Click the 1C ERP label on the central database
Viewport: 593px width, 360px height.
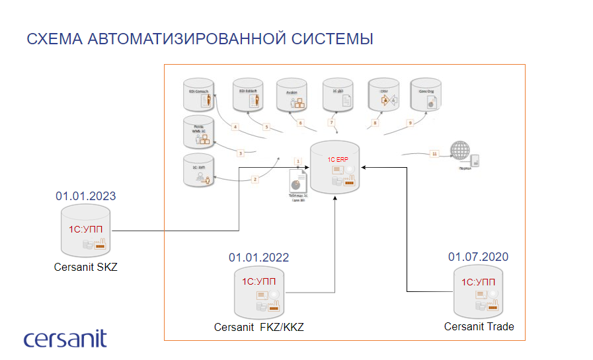click(337, 160)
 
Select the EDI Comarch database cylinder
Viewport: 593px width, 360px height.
click(199, 96)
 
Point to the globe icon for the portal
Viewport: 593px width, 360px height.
click(457, 151)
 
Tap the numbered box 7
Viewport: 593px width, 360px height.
click(332, 123)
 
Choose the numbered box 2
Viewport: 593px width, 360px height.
click(255, 179)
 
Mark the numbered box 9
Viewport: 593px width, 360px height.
click(409, 123)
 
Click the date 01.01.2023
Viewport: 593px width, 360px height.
click(85, 196)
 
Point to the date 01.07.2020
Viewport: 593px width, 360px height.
click(478, 256)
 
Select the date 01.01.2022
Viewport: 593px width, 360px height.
click(259, 258)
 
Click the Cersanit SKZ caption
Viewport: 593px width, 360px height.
click(85, 268)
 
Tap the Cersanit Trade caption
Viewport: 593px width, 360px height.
click(479, 326)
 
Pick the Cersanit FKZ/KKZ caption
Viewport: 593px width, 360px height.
click(259, 328)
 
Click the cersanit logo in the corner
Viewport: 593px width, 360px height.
click(65, 338)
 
